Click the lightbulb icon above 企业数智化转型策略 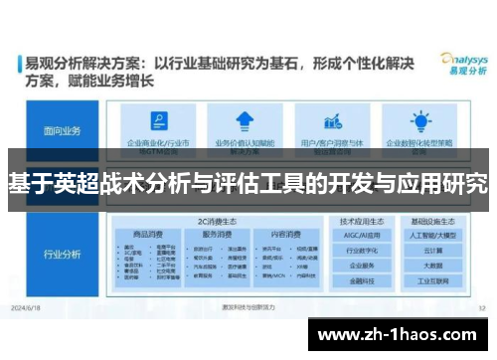[x=418, y=121]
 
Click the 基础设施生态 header [x=432, y=220]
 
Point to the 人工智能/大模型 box [x=432, y=236]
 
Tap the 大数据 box [x=432, y=268]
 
